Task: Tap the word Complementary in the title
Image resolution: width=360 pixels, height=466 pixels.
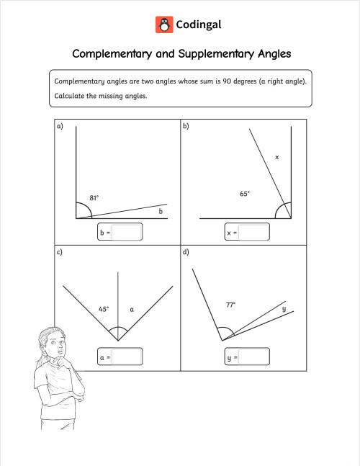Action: [x=112, y=54]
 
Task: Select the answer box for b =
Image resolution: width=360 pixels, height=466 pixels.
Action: [x=127, y=232]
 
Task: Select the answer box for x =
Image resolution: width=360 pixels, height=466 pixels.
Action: [x=254, y=232]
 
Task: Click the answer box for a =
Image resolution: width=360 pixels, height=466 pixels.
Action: [x=127, y=357]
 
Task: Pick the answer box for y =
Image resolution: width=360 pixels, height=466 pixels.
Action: [x=254, y=357]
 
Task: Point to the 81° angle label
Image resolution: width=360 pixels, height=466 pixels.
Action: [x=94, y=197]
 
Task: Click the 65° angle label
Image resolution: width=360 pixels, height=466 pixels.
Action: [x=245, y=194]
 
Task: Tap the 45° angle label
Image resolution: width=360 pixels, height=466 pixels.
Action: [x=104, y=309]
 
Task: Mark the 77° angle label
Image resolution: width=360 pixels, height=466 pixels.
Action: [x=230, y=305]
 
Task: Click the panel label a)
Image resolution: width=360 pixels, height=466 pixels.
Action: [x=60, y=127]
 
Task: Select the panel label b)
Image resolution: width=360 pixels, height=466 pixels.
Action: [x=186, y=127]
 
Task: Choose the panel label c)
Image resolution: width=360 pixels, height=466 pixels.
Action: [x=60, y=252]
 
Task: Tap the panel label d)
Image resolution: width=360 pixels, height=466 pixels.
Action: [x=186, y=252]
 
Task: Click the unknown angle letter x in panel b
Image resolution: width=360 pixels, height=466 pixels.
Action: [x=276, y=156]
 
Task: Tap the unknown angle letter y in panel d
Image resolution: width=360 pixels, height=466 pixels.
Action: [x=284, y=309]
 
